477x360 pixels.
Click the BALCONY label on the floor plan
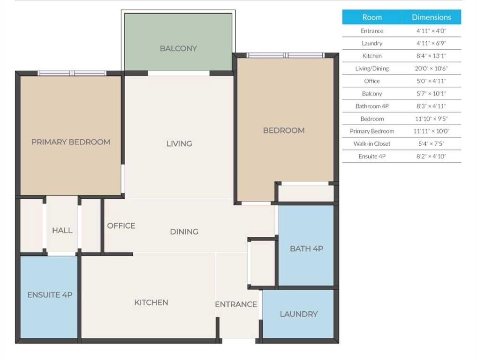coord(179,48)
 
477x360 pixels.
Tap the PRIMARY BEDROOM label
coord(71,142)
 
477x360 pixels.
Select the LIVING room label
coord(179,143)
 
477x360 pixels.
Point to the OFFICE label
coord(121,225)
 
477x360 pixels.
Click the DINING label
coord(184,232)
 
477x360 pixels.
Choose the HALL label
coord(62,230)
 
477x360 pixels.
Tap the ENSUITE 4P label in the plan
coord(50,295)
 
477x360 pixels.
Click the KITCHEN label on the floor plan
coord(151,302)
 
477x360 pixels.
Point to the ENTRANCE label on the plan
coord(236,304)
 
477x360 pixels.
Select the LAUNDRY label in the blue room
coord(299,314)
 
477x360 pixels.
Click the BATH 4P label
coord(306,249)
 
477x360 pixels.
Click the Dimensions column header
coord(432,17)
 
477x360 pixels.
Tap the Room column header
coord(372,17)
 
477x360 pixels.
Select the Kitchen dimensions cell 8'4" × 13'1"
coord(432,56)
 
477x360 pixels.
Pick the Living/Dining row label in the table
coord(372,68)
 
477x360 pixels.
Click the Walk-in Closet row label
coord(372,144)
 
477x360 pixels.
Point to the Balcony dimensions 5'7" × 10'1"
coord(432,94)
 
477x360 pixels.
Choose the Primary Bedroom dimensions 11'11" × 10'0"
coord(432,131)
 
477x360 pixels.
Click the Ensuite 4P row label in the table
coord(372,156)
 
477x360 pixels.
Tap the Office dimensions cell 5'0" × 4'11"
coord(432,81)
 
